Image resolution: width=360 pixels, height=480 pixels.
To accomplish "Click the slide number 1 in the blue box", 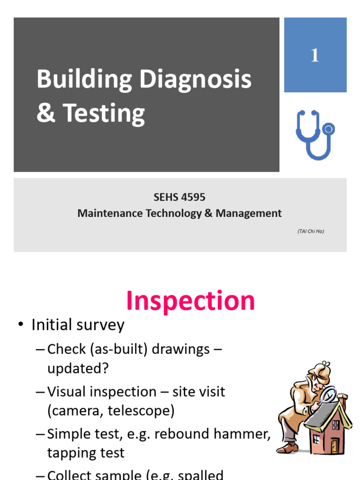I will [x=315, y=56].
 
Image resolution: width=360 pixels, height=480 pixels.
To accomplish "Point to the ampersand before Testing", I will [x=46, y=113].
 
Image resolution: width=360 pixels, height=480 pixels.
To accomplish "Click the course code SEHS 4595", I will [x=180, y=197].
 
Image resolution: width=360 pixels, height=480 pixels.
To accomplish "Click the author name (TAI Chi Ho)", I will [x=310, y=231].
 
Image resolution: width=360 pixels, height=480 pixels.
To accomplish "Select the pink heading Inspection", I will [x=190, y=301].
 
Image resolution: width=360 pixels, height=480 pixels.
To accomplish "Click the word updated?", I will [x=78, y=368].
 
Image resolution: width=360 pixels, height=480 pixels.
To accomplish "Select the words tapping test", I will [x=86, y=453].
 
